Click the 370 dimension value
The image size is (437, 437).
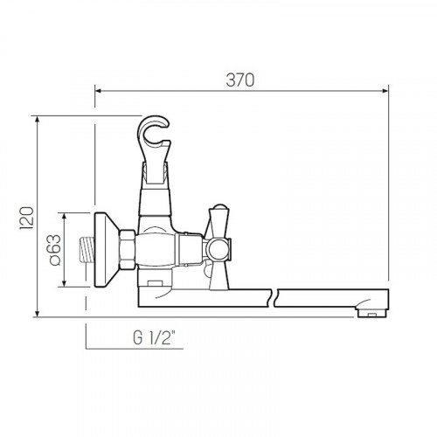point(240,80)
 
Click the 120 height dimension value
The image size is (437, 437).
point(27,218)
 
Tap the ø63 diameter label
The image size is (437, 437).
point(55,250)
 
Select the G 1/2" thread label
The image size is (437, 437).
point(155,338)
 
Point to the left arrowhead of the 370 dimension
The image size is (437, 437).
point(98,91)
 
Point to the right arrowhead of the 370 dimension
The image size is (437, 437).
point(385,91)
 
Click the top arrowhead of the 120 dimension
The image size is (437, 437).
point(37,120)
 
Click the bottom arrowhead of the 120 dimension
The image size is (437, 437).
point(37,313)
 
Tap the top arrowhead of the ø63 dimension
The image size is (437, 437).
point(65,216)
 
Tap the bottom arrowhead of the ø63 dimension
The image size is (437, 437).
point(65,283)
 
